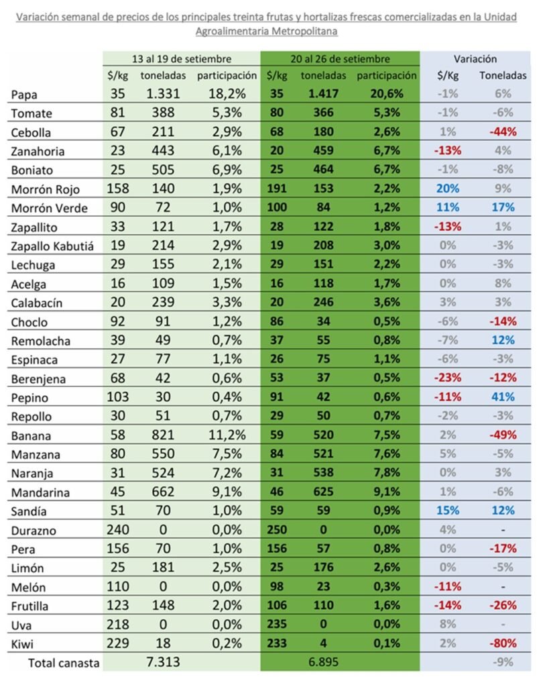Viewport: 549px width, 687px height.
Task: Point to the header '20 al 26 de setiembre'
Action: pyautogui.click(x=341, y=59)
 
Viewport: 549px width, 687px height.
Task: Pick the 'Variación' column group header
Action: pyautogui.click(x=475, y=59)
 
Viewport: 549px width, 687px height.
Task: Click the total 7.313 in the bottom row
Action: pyautogui.click(x=163, y=662)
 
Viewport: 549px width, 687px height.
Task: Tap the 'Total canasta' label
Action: pyautogui.click(x=64, y=663)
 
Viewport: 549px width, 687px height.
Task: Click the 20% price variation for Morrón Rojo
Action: pyautogui.click(x=448, y=189)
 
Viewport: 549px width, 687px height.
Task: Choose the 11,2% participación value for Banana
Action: pyautogui.click(x=227, y=435)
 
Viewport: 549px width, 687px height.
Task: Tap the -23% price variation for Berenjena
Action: pyautogui.click(x=448, y=378)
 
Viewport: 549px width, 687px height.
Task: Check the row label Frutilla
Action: pyautogui.click(x=29, y=606)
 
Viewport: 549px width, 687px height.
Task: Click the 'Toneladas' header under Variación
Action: pyautogui.click(x=503, y=76)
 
